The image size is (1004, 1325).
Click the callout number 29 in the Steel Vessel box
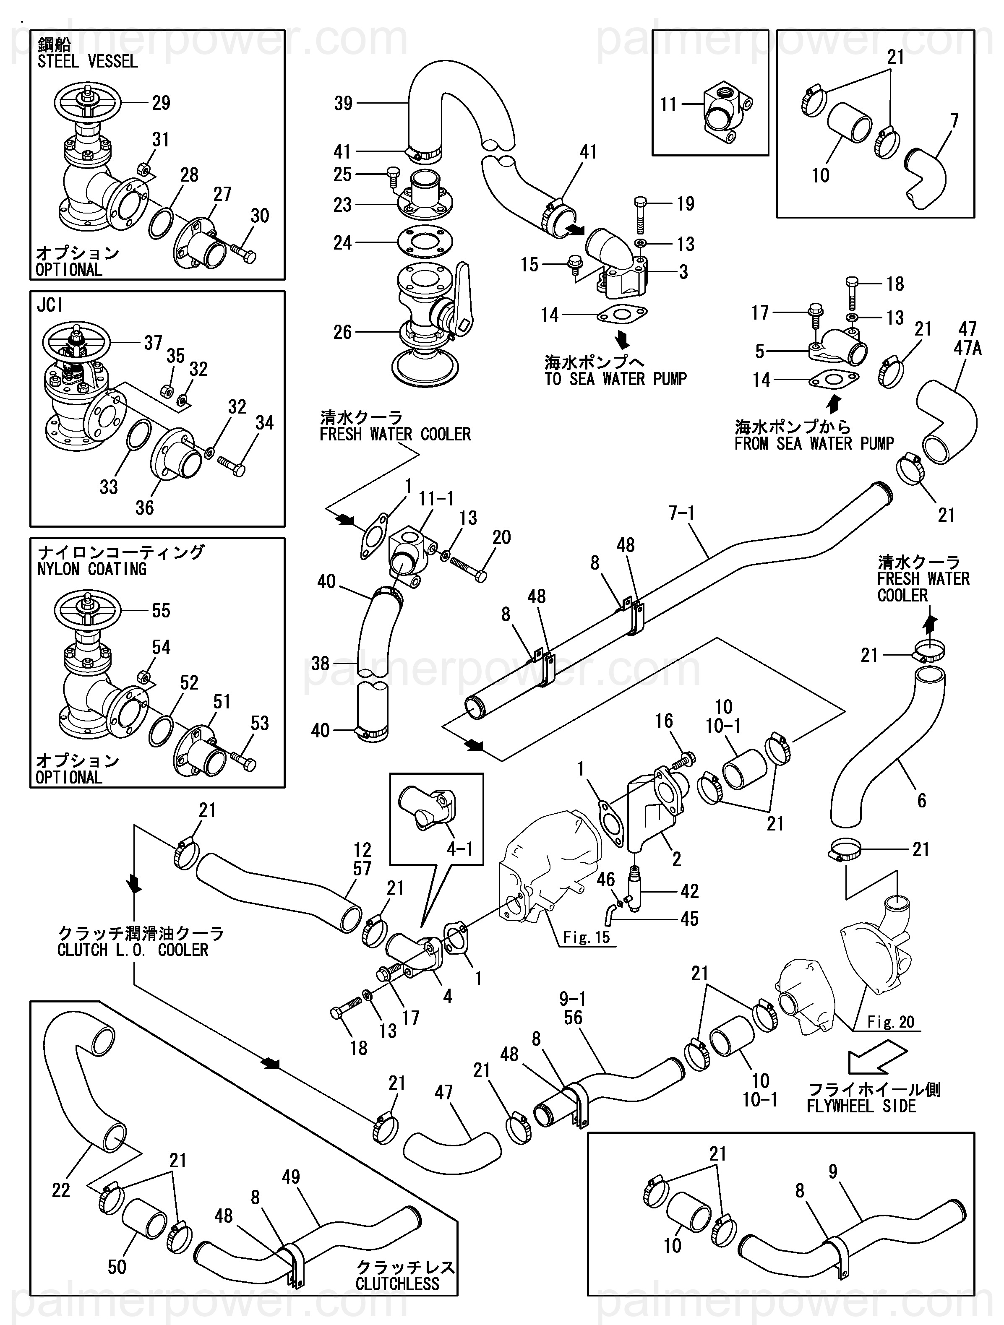[x=161, y=103]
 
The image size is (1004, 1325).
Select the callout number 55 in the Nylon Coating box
[x=161, y=611]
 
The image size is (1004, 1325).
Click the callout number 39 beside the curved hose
[x=343, y=104]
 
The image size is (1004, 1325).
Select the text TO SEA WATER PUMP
[x=615, y=379]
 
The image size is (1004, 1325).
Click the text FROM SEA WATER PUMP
[x=814, y=444]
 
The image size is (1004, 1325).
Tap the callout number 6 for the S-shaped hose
[x=921, y=800]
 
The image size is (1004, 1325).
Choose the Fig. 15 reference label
[x=586, y=937]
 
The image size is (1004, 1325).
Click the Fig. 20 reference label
[x=891, y=1022]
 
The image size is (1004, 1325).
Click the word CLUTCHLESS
[x=397, y=1283]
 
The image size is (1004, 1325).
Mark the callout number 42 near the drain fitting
[x=689, y=891]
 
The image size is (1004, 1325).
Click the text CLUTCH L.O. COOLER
[x=133, y=950]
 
